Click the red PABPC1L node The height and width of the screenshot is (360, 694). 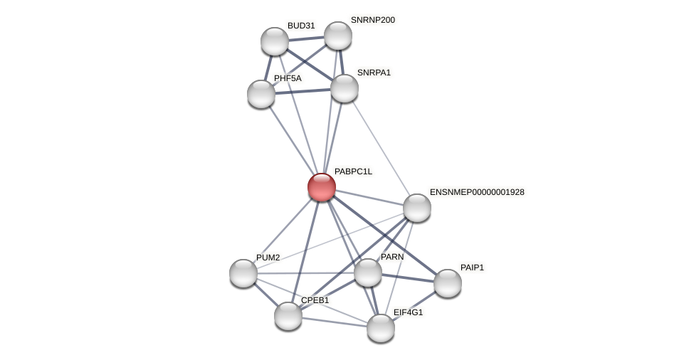tap(321, 187)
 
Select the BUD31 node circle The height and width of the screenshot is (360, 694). tap(275, 41)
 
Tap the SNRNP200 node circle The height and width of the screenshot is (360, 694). tap(338, 36)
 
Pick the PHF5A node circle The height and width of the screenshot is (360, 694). tap(261, 94)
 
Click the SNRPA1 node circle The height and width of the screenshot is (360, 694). tap(345, 88)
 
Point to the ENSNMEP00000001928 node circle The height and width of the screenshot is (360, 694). tap(417, 208)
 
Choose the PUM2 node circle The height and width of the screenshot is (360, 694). tap(243, 273)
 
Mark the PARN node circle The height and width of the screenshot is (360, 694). tap(368, 272)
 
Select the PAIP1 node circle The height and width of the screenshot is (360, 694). tap(448, 283)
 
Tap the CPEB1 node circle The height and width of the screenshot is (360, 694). tap(288, 316)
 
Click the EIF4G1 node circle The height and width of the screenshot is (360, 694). tap(381, 328)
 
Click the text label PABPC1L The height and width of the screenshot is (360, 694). tap(353, 171)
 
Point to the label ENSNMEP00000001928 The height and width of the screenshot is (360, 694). tap(477, 192)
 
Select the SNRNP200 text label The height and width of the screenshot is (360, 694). tap(372, 20)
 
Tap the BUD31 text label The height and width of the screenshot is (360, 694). tap(301, 26)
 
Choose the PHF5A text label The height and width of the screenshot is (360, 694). tap(288, 78)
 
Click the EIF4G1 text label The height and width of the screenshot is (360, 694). tap(408, 312)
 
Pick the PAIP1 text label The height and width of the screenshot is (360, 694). tap(472, 268)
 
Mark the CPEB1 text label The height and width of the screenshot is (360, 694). tap(315, 300)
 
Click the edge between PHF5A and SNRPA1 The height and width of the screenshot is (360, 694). tap(303, 91)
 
